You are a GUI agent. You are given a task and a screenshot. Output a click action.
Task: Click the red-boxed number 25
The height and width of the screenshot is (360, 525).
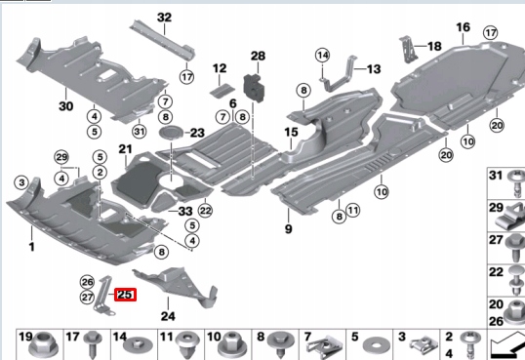click(125, 295)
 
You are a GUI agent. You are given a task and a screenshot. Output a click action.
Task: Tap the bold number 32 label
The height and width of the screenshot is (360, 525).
click(164, 18)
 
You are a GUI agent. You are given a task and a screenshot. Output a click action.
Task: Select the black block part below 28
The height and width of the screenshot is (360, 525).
click(255, 87)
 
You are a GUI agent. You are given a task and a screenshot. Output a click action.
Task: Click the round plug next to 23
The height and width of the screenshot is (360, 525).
click(171, 134)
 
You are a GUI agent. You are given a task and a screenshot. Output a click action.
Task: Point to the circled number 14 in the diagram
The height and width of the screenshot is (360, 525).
click(322, 55)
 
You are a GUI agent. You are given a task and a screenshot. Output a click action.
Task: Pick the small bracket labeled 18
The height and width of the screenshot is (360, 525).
click(407, 50)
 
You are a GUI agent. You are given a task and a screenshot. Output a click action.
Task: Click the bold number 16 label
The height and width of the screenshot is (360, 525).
click(464, 27)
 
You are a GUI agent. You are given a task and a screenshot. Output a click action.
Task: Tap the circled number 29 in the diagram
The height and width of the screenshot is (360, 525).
click(61, 157)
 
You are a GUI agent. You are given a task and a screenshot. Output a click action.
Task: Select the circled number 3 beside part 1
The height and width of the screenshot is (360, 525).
click(21, 182)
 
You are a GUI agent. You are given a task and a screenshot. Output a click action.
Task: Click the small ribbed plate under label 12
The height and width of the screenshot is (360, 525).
click(222, 91)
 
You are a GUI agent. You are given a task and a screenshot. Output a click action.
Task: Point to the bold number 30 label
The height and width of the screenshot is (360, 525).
click(66, 106)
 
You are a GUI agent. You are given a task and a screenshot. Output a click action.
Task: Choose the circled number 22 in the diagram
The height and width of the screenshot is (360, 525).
click(205, 211)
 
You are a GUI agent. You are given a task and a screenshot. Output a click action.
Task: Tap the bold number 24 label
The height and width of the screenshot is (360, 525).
click(168, 316)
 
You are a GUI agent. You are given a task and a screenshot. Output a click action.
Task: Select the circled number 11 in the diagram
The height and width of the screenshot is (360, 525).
click(353, 210)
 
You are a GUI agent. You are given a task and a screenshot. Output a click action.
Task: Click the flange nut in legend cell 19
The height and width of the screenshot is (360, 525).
click(44, 345)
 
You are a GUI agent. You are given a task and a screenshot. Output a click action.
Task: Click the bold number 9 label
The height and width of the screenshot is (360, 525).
click(288, 229)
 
